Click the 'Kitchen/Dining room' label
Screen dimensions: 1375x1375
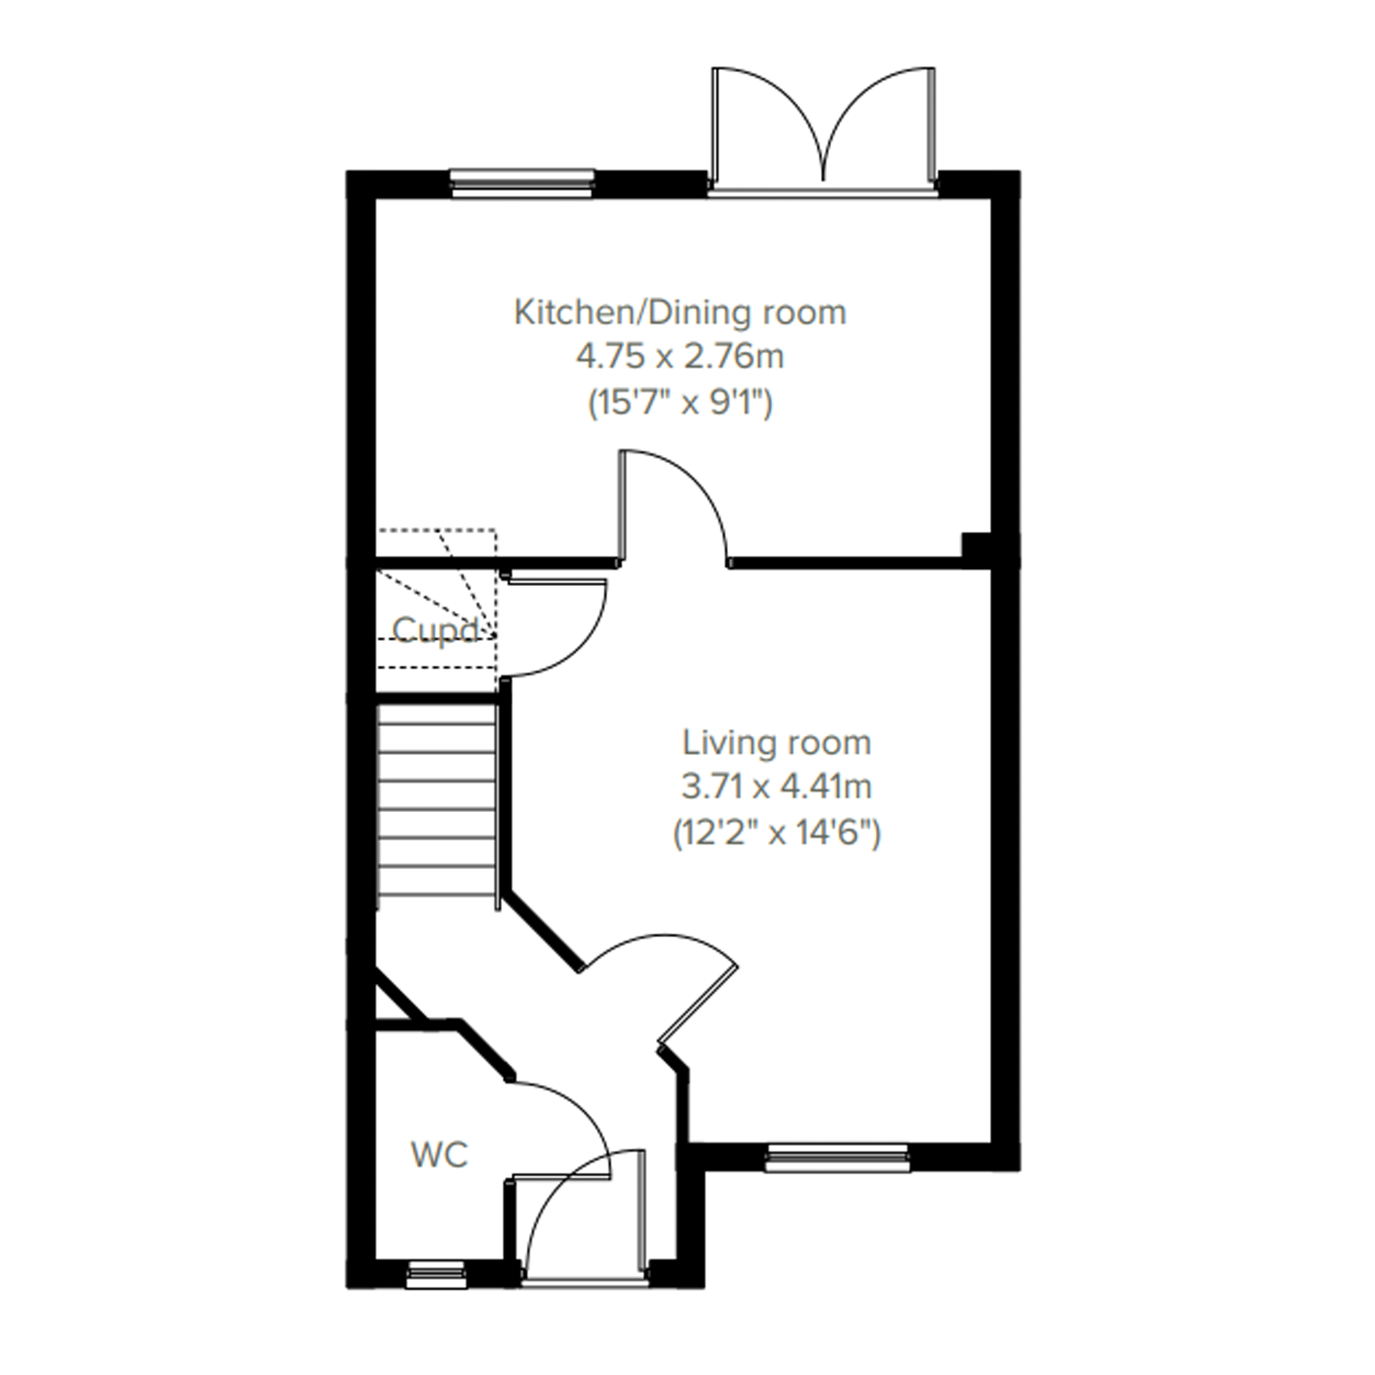680,313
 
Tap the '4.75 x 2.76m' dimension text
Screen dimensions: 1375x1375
680,356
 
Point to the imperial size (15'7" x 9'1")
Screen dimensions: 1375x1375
680,403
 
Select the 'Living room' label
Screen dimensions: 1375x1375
777,743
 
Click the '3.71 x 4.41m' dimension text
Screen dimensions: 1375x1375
777,787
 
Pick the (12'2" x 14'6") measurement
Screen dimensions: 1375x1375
777,832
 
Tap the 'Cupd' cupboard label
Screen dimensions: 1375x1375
435,631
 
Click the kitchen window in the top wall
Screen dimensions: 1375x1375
523,183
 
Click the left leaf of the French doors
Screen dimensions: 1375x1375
769,128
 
